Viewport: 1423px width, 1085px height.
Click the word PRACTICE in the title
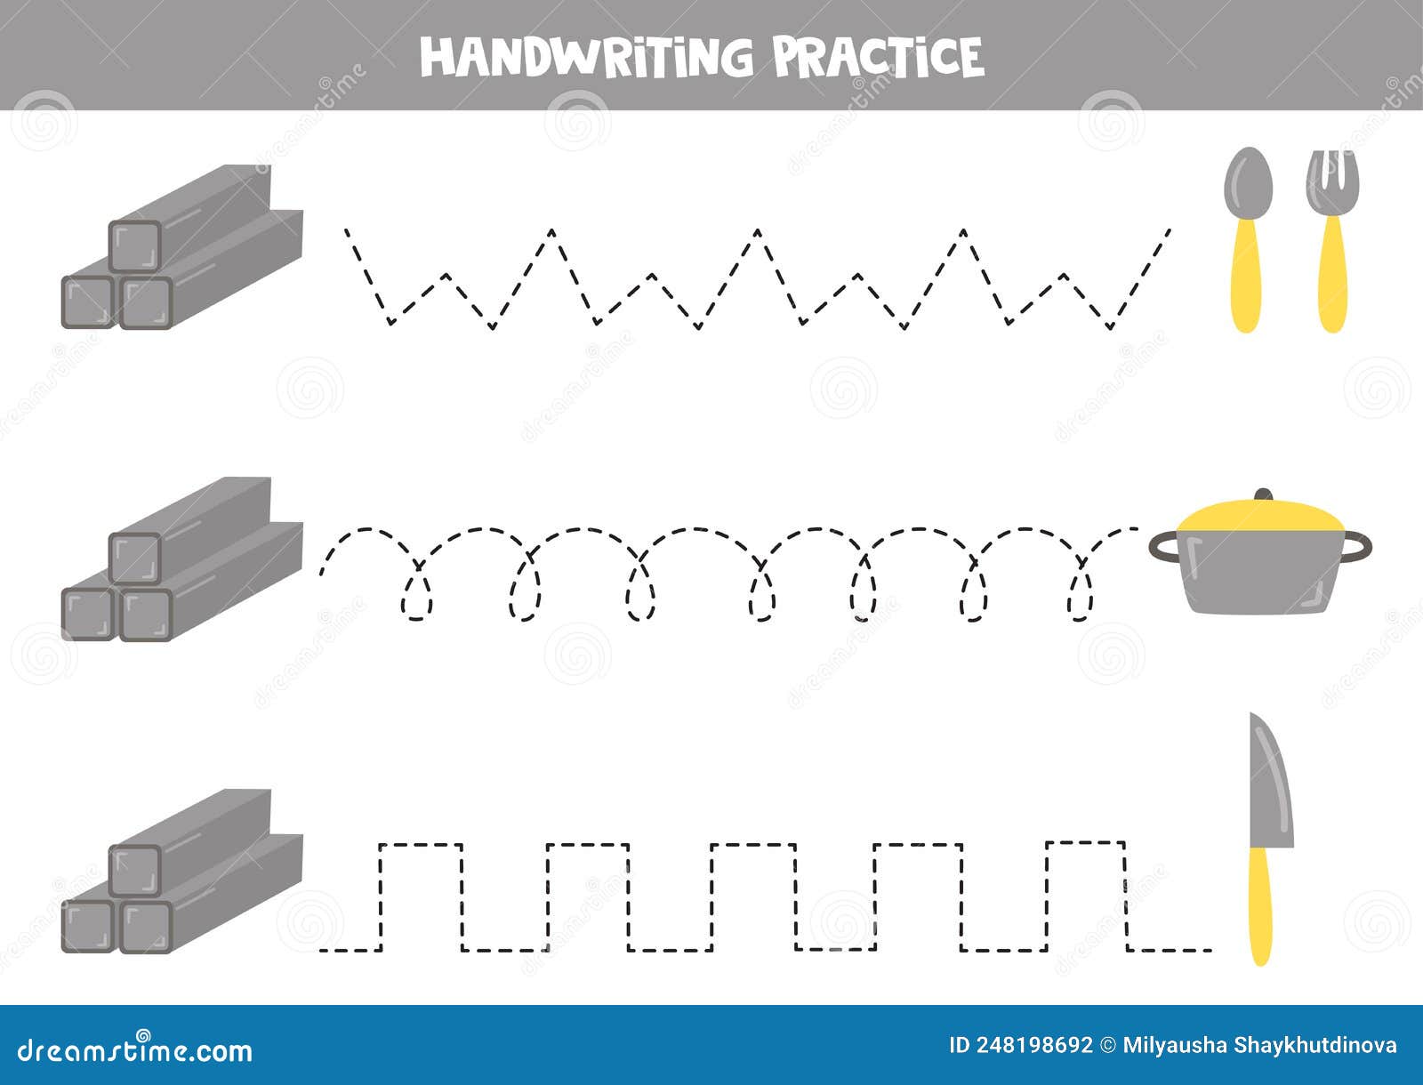coord(878,57)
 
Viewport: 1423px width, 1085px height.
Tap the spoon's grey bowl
coord(1248,178)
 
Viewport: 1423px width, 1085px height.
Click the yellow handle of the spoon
coord(1248,276)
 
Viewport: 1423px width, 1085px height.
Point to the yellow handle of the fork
coord(1331,276)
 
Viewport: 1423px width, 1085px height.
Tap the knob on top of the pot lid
coord(1263,494)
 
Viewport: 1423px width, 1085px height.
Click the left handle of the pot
coord(1162,545)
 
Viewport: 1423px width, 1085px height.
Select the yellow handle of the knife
coord(1260,907)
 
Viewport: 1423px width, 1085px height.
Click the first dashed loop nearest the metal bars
coord(417,596)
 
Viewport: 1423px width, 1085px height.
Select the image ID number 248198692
coord(1032,1045)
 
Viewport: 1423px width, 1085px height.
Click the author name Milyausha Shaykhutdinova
coord(1260,1045)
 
